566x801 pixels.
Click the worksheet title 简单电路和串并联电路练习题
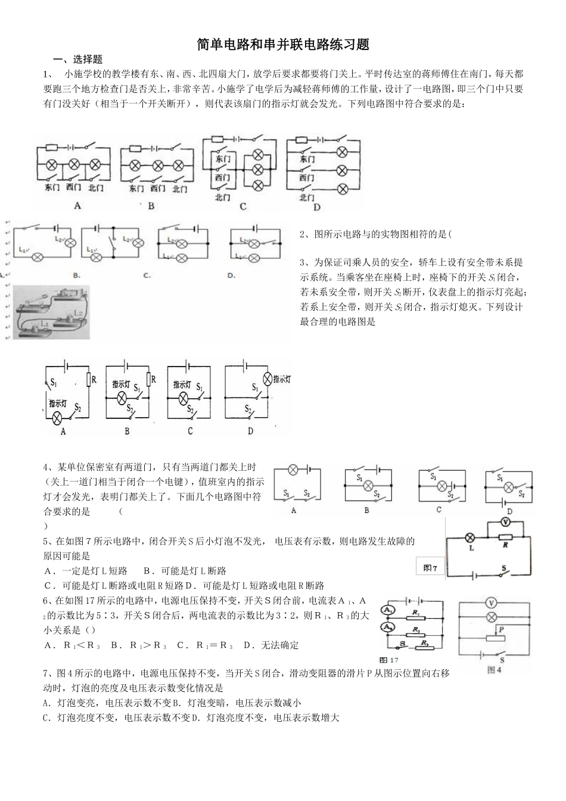(x=283, y=45)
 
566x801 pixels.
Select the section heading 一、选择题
(x=78, y=60)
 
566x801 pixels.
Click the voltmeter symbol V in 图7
(x=505, y=522)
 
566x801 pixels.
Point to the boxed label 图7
(x=430, y=568)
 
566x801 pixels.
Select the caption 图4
(x=495, y=669)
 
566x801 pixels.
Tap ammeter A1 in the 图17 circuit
(x=388, y=610)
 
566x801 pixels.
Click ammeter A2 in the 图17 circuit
(x=388, y=628)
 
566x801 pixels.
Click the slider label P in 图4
(x=502, y=629)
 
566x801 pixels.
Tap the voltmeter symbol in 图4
(x=492, y=601)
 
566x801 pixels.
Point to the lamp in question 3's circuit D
(x=268, y=378)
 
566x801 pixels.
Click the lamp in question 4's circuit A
(x=293, y=470)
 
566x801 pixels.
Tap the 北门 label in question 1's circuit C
(x=222, y=197)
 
